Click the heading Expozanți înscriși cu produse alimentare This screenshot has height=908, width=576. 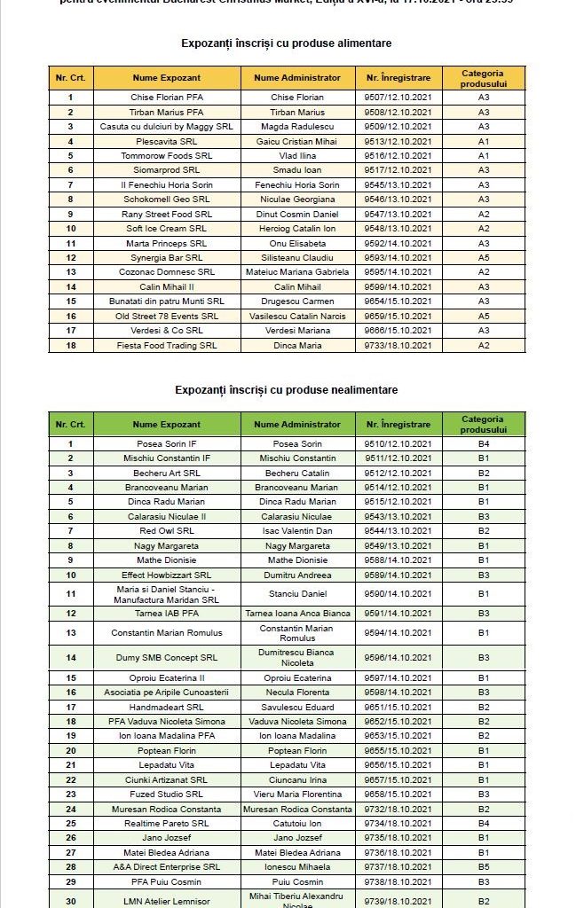pos(286,43)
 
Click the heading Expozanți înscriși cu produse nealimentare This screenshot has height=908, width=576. pos(286,389)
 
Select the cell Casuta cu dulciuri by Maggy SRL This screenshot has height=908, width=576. pos(167,126)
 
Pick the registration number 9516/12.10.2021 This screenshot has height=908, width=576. pos(398,155)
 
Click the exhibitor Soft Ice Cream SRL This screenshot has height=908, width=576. pos(167,228)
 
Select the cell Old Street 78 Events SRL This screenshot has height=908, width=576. pos(167,316)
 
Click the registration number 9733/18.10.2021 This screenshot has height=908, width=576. pos(398,345)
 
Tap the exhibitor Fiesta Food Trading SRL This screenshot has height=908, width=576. pos(167,345)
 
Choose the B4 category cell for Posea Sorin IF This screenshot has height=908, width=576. pos(484,443)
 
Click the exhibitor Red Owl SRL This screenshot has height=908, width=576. pos(167,531)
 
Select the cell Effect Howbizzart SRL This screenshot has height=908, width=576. pos(167,575)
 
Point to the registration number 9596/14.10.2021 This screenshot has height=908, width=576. pos(398,657)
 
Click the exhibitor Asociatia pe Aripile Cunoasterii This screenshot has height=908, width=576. pos(167,693)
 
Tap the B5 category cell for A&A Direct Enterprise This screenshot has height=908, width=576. pos(484,866)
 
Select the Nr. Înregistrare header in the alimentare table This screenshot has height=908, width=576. pos(398,77)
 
